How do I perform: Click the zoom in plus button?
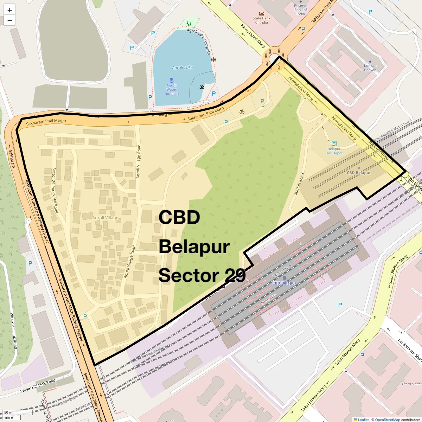point(9,10)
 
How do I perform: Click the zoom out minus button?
point(9,21)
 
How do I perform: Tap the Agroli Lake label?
point(182,68)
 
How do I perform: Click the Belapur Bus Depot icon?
point(334,143)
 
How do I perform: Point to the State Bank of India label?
point(261,20)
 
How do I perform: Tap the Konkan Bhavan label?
point(370,68)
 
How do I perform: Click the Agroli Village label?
point(105,218)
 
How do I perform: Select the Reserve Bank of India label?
point(300,10)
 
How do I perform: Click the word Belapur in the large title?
point(194,247)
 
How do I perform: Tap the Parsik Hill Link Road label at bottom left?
point(38,386)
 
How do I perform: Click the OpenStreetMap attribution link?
point(387,420)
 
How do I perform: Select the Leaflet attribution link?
point(363,420)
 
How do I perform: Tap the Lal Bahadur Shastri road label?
point(409,350)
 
